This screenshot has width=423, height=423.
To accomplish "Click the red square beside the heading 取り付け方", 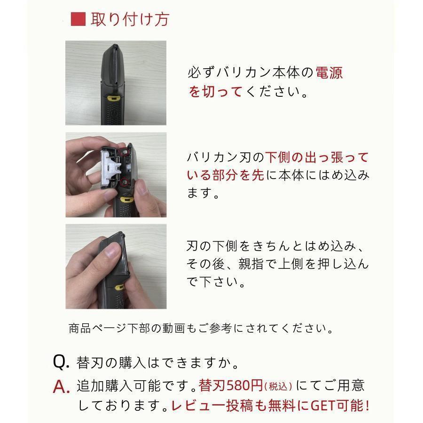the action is click(78, 19).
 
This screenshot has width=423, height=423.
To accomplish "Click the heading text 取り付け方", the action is click(130, 19).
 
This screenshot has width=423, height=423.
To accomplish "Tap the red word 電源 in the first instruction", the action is click(329, 73).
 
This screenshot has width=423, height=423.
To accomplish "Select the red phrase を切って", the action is click(215, 92).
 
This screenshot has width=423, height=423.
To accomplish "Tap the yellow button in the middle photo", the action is click(126, 200).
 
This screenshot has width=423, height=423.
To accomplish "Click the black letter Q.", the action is click(61, 361).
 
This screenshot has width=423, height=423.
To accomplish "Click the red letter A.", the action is click(61, 387).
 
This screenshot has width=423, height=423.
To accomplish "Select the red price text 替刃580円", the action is click(231, 385).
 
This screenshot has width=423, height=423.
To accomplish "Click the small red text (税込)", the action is click(278, 386).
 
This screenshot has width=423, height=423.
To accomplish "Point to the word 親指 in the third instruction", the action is click(251, 264).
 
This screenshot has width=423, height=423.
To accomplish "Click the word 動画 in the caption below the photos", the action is click(174, 329).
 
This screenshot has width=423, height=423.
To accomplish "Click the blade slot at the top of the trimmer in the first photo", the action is click(116, 66).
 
